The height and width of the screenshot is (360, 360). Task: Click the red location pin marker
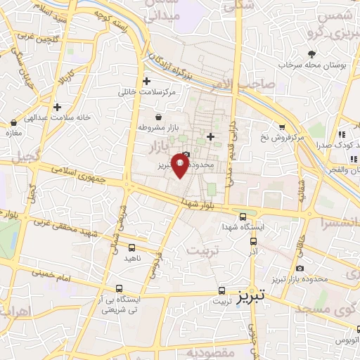179,164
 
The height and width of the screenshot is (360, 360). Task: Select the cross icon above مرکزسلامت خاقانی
146,81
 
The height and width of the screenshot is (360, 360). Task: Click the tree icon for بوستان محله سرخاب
311,53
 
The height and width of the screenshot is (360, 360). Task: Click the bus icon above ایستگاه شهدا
243,217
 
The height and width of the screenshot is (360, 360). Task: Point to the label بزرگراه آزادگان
172,67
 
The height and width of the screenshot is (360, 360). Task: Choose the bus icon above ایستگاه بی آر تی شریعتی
119,288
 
